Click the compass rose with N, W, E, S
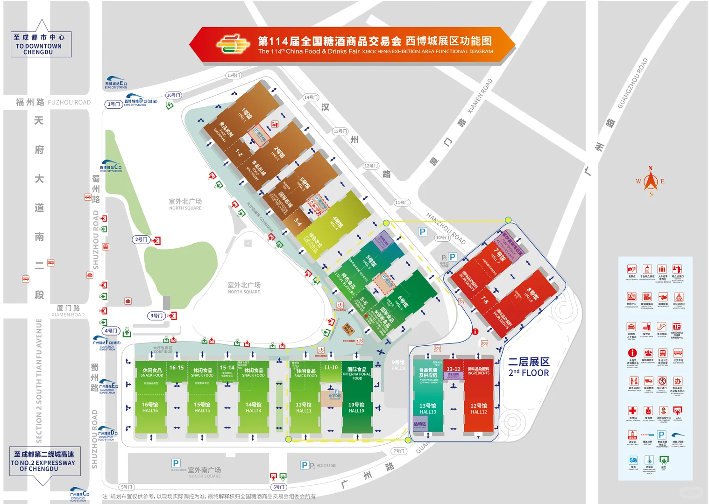click(650, 182)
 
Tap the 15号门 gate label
click(234, 75)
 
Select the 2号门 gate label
click(141, 239)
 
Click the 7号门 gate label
click(399, 451)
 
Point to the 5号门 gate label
click(127, 487)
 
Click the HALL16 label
click(150, 411)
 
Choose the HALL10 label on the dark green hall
click(356, 411)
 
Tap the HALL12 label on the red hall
click(479, 412)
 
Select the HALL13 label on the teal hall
click(427, 412)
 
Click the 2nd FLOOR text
click(529, 373)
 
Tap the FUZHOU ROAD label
click(69, 102)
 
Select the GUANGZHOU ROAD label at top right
click(632, 84)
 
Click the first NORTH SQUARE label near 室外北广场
click(185, 208)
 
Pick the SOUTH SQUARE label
click(205, 476)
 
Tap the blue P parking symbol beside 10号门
click(422, 231)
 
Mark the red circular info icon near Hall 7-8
click(475, 332)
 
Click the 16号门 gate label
click(173, 95)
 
